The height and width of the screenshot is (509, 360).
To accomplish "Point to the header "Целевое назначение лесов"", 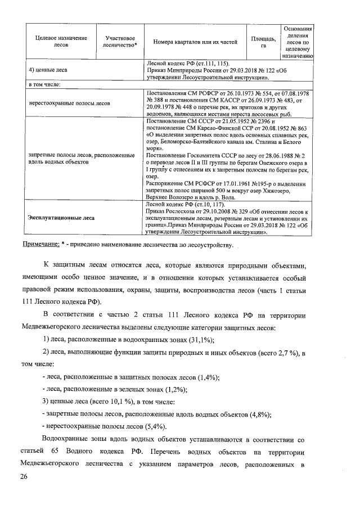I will [x=57, y=42].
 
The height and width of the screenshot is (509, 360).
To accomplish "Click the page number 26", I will [x=23, y=477].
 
